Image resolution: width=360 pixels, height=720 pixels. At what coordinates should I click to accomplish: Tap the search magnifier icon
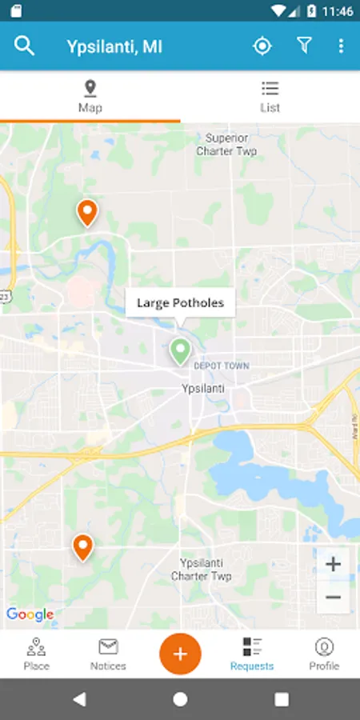(25, 46)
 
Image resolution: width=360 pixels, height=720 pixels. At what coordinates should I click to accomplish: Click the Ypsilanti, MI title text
(114, 46)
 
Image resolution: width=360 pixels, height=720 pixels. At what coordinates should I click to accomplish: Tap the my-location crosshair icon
(262, 46)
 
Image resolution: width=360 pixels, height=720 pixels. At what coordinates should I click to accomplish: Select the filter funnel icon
(304, 46)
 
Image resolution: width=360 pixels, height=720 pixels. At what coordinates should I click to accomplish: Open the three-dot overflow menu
(341, 46)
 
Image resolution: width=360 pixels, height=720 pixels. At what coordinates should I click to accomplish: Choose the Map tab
(90, 96)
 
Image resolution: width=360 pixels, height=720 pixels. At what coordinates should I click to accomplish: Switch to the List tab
(270, 96)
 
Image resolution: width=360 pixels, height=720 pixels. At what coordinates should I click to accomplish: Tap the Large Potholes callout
(180, 303)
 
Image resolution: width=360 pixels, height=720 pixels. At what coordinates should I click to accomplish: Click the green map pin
(180, 350)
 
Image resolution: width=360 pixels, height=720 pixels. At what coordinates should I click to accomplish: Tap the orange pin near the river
(86, 212)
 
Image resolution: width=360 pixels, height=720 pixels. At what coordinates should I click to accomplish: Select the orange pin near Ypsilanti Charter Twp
(82, 546)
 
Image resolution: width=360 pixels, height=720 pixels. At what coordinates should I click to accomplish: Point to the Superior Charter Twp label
(226, 144)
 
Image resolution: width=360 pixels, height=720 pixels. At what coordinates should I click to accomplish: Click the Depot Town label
(222, 366)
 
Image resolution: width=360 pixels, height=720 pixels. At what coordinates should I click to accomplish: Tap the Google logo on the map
(30, 614)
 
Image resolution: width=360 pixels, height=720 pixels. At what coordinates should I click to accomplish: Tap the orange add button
(180, 653)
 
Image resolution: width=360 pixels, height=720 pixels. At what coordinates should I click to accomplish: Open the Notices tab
(108, 654)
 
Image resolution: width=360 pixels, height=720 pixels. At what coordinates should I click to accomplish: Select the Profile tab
(324, 654)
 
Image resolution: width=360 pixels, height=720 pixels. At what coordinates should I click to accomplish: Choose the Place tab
(36, 654)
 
